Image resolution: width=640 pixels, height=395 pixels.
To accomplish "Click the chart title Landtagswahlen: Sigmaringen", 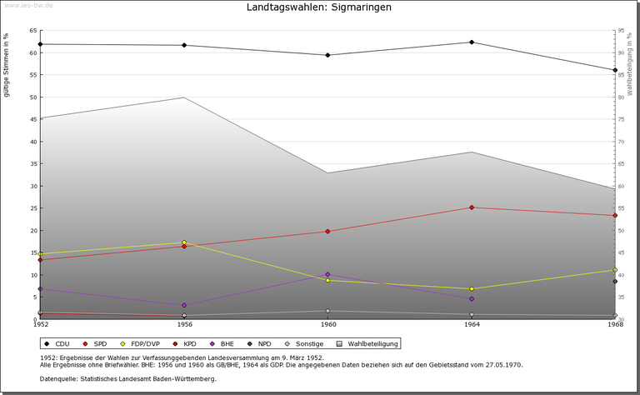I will (319, 7).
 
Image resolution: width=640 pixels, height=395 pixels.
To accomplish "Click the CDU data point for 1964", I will (472, 42).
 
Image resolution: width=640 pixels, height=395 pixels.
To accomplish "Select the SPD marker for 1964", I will (472, 207).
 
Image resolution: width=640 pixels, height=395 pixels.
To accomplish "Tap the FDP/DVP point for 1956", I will (184, 242).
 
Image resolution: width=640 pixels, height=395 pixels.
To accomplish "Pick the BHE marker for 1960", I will (327, 274).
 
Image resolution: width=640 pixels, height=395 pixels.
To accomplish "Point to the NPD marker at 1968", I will (615, 282).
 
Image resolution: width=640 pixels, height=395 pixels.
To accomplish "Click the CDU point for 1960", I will (327, 55).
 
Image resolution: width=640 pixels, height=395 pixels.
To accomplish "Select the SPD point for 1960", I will (327, 231).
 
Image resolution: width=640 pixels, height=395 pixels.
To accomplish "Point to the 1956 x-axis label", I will (184, 325).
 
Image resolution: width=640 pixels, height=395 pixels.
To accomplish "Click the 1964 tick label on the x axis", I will (472, 325).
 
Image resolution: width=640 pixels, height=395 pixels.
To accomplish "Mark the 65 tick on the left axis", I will (32, 31).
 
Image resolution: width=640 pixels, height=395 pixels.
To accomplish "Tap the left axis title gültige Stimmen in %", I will (7, 65).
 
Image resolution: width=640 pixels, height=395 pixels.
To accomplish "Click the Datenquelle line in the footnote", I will (127, 379).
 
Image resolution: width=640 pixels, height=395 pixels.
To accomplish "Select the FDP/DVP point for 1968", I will (615, 270).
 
